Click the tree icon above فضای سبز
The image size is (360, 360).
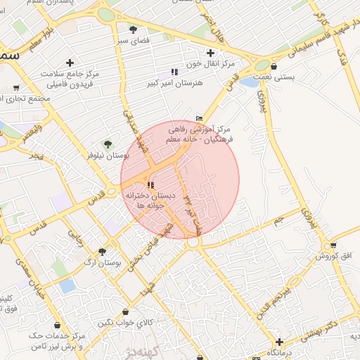pyautogui.click(x=133, y=29)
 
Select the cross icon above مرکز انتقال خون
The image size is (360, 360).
pyautogui.click(x=210, y=53)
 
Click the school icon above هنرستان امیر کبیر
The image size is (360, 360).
pyautogui.click(x=174, y=72)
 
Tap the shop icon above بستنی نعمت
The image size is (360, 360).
pyautogui.click(x=273, y=67)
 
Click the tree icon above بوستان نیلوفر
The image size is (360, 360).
pyautogui.click(x=108, y=143)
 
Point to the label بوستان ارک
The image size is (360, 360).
pyautogui.click(x=103, y=262)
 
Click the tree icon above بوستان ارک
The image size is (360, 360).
pyautogui.click(x=103, y=251)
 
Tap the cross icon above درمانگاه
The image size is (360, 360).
pyautogui.click(x=279, y=341)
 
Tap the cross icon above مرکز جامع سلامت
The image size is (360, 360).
pyautogui.click(x=70, y=63)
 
